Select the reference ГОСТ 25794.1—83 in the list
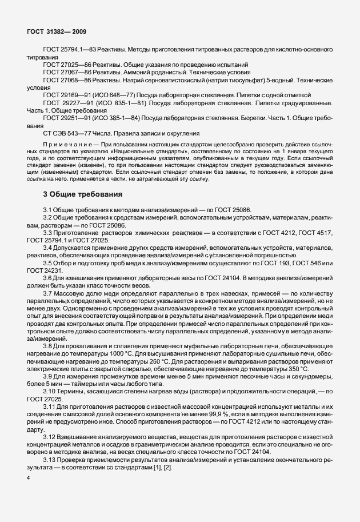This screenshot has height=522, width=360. point(70,51)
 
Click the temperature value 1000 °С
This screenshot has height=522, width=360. point(136,354)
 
